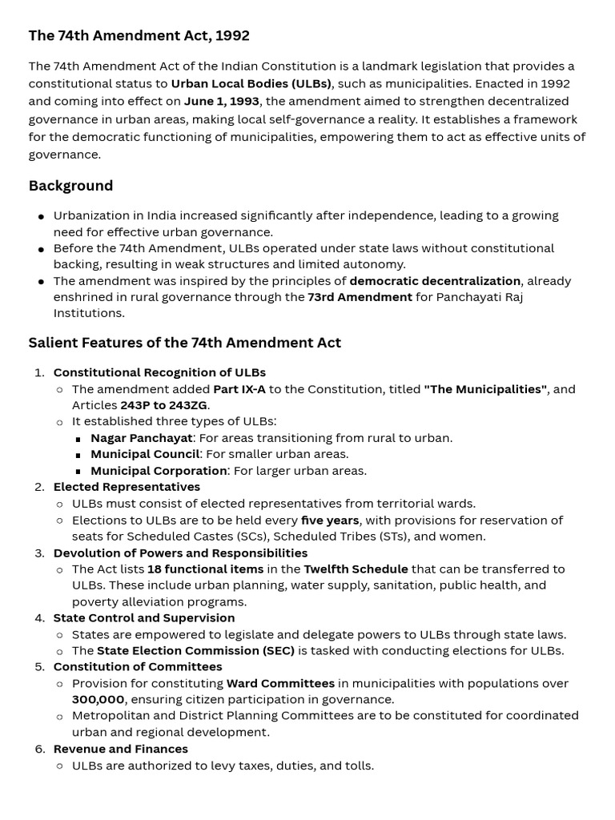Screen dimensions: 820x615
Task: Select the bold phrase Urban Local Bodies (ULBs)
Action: tap(251, 83)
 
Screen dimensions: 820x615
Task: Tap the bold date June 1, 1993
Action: tap(222, 101)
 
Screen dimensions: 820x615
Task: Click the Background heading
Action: tap(70, 186)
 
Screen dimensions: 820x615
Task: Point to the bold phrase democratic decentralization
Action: tap(435, 281)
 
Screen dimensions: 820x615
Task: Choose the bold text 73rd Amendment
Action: tap(360, 297)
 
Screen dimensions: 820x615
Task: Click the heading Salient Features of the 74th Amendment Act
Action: tap(184, 343)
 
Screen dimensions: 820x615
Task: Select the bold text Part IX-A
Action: tap(239, 389)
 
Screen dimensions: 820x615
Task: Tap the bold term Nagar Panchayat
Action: tap(141, 438)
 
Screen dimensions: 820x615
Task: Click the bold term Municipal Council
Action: tap(145, 454)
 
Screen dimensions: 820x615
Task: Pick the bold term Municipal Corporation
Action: tap(159, 471)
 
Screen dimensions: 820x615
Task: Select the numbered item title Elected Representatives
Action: tap(127, 487)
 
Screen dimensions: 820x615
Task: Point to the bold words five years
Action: tap(329, 521)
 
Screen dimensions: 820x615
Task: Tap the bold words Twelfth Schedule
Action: tap(356, 569)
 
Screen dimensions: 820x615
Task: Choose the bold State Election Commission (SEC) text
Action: tap(195, 650)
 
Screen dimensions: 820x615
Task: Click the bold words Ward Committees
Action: tap(280, 684)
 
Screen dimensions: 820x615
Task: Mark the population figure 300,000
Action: tap(98, 700)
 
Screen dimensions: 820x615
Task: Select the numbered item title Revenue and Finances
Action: tap(120, 750)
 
